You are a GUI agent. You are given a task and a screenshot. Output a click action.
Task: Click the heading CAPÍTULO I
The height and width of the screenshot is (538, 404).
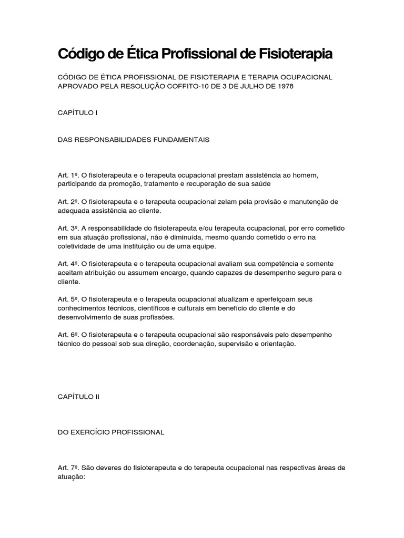click(x=77, y=112)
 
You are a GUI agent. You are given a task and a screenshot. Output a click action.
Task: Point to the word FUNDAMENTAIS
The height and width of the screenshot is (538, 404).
click(x=181, y=140)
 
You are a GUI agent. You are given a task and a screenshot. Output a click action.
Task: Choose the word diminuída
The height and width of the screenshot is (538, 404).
click(x=200, y=237)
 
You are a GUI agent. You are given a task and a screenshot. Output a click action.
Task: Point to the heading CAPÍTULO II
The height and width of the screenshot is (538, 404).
click(x=78, y=397)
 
